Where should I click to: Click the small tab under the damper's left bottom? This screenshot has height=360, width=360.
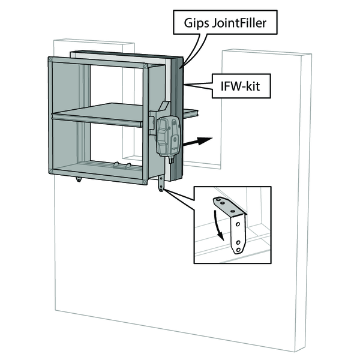click(x=78, y=178)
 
